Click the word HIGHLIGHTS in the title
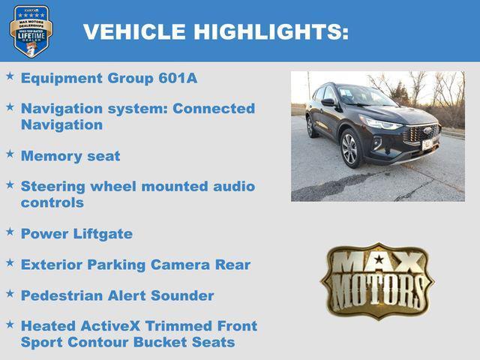pyautogui.click(x=271, y=31)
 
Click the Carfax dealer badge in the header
pyautogui.click(x=31, y=31)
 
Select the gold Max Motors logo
pyautogui.click(x=377, y=280)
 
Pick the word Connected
pyautogui.click(x=214, y=108)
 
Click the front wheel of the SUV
pyautogui.click(x=350, y=148)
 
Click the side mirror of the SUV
pyautogui.click(x=328, y=103)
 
